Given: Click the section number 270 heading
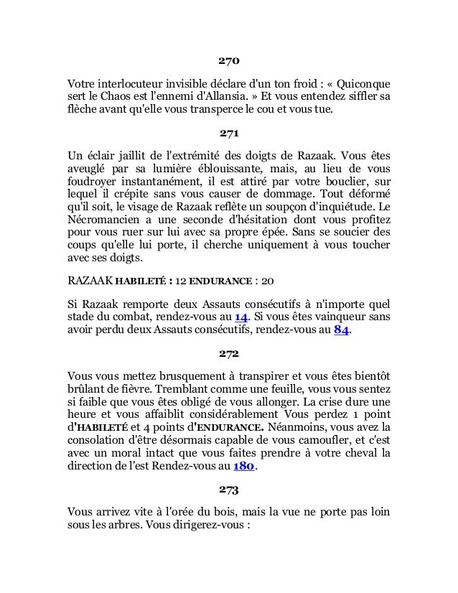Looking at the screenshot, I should [229, 59].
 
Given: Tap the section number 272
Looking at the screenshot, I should [229, 354].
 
